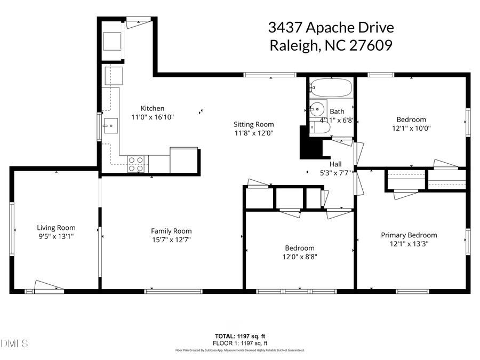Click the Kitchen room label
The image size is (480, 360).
click(152, 108)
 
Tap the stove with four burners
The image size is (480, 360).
click(136, 164)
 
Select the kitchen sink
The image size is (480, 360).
click(111, 126)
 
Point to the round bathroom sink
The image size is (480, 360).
click(318, 108)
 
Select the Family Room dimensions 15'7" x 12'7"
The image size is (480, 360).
click(171, 239)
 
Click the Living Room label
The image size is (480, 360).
click(56, 227)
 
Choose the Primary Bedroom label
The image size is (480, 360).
click(409, 235)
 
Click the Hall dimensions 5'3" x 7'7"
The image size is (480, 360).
click(335, 173)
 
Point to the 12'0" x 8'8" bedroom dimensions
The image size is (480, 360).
click(299, 257)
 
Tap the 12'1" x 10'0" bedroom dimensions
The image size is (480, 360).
click(411, 128)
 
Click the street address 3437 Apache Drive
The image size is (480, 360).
click(331, 28)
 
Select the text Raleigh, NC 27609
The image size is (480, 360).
click(331, 46)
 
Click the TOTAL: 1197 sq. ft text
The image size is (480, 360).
click(240, 337)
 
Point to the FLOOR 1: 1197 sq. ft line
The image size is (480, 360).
click(240, 343)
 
